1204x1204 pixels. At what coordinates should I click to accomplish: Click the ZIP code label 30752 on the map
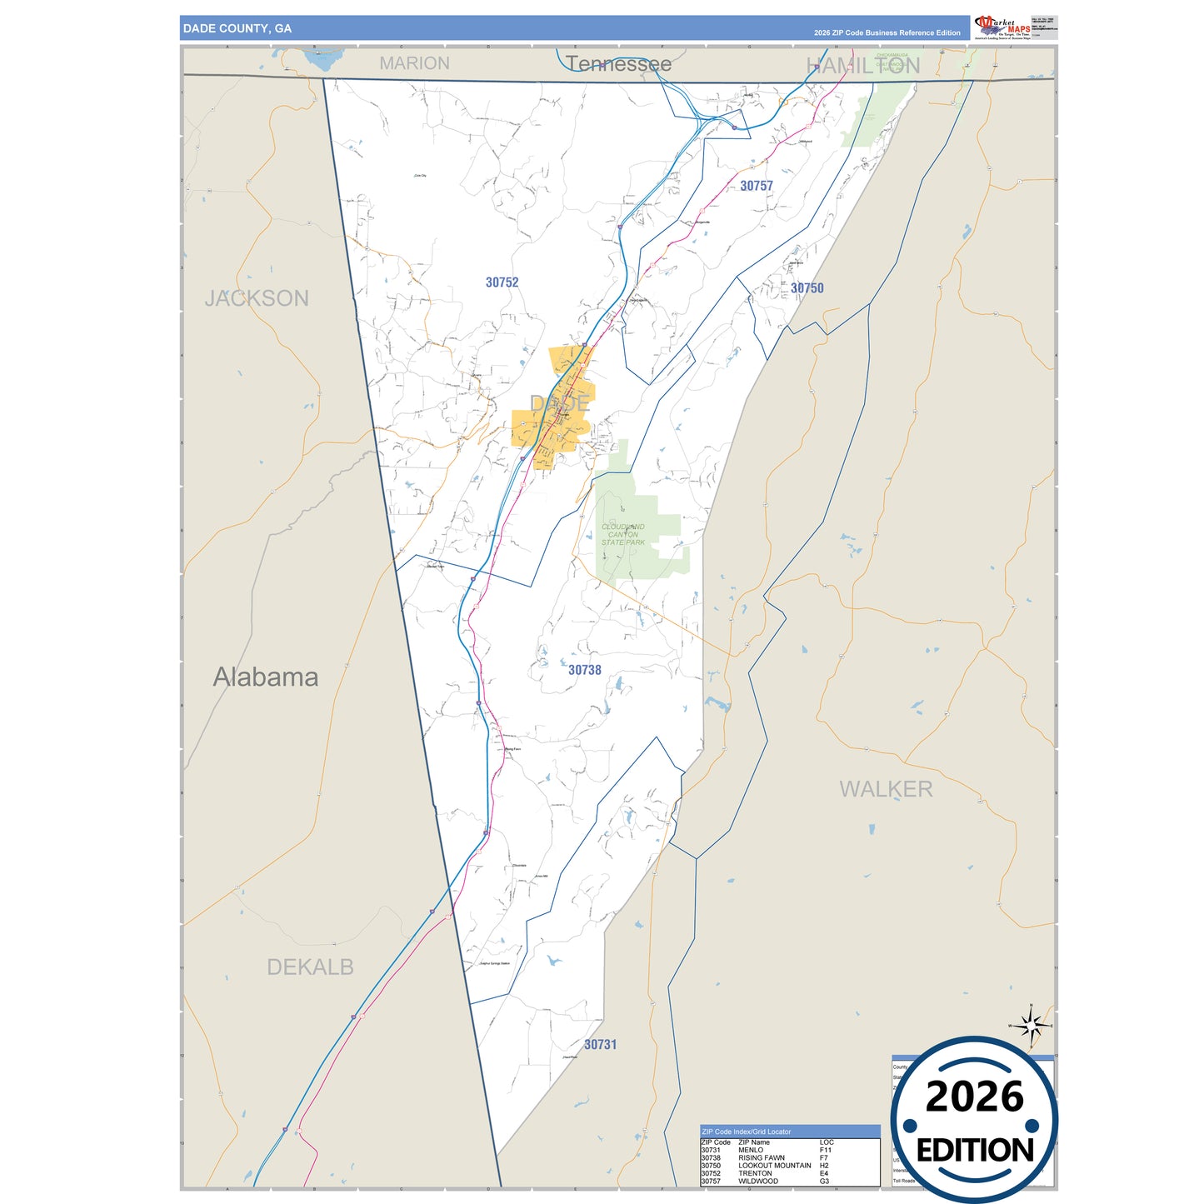point(502,282)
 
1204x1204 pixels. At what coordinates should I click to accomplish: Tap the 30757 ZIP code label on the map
point(757,186)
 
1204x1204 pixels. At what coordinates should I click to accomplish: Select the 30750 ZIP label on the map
point(807,288)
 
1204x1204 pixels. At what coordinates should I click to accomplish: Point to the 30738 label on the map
point(584,670)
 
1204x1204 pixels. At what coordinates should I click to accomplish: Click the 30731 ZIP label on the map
point(600,1045)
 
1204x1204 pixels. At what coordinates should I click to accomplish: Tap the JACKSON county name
point(257,298)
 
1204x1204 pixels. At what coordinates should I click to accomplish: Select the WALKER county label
point(886,789)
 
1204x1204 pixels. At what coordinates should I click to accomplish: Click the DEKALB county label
point(310,967)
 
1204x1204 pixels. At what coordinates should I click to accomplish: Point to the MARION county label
point(414,63)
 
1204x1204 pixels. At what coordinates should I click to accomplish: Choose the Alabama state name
point(265,677)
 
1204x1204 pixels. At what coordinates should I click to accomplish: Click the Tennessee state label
point(618,64)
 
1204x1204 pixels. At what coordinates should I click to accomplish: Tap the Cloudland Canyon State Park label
point(623,535)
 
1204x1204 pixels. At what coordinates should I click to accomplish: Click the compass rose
point(1031,1026)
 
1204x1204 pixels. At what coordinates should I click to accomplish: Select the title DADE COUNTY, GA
point(237,28)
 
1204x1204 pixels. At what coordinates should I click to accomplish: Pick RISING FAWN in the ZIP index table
point(761,1157)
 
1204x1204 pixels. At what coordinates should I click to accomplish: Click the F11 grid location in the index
point(825,1150)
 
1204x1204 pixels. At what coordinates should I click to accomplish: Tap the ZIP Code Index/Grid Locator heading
point(747,1132)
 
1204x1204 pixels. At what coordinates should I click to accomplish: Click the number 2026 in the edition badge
point(974,1097)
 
